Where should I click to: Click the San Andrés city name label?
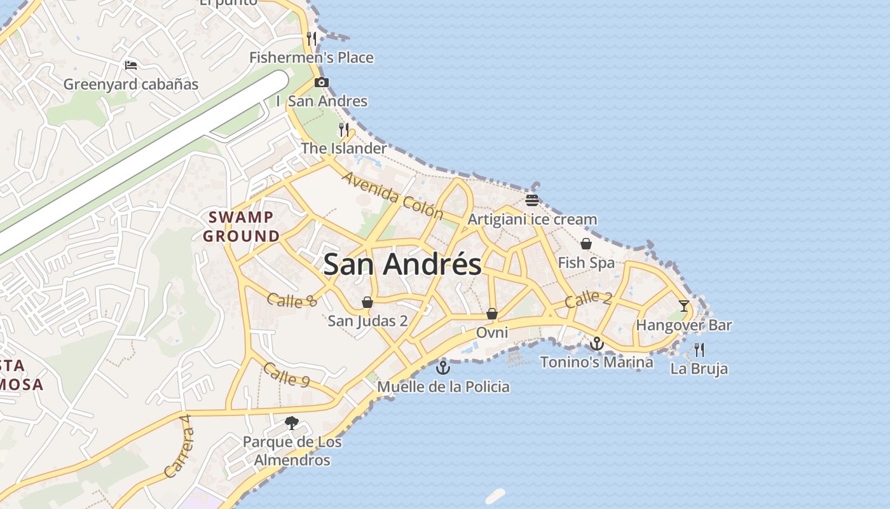[402, 264]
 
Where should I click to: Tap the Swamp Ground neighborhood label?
[242, 227]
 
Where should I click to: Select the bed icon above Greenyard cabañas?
[131, 65]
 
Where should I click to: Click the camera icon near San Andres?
[322, 82]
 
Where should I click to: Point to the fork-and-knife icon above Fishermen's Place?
[311, 38]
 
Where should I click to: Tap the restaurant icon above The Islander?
[344, 130]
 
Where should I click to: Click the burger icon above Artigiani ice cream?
[532, 200]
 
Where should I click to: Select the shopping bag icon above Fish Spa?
[586, 244]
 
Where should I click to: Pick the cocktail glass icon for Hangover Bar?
[684, 306]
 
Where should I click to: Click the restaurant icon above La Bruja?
[699, 349]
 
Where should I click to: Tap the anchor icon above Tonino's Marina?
[596, 344]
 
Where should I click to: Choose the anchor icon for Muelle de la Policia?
[443, 367]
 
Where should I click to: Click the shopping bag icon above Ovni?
[491, 314]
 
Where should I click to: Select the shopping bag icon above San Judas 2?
[367, 302]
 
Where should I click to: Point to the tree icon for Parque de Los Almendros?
[292, 422]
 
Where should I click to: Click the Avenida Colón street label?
[392, 195]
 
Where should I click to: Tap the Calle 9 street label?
[286, 375]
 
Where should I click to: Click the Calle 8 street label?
[292, 300]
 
